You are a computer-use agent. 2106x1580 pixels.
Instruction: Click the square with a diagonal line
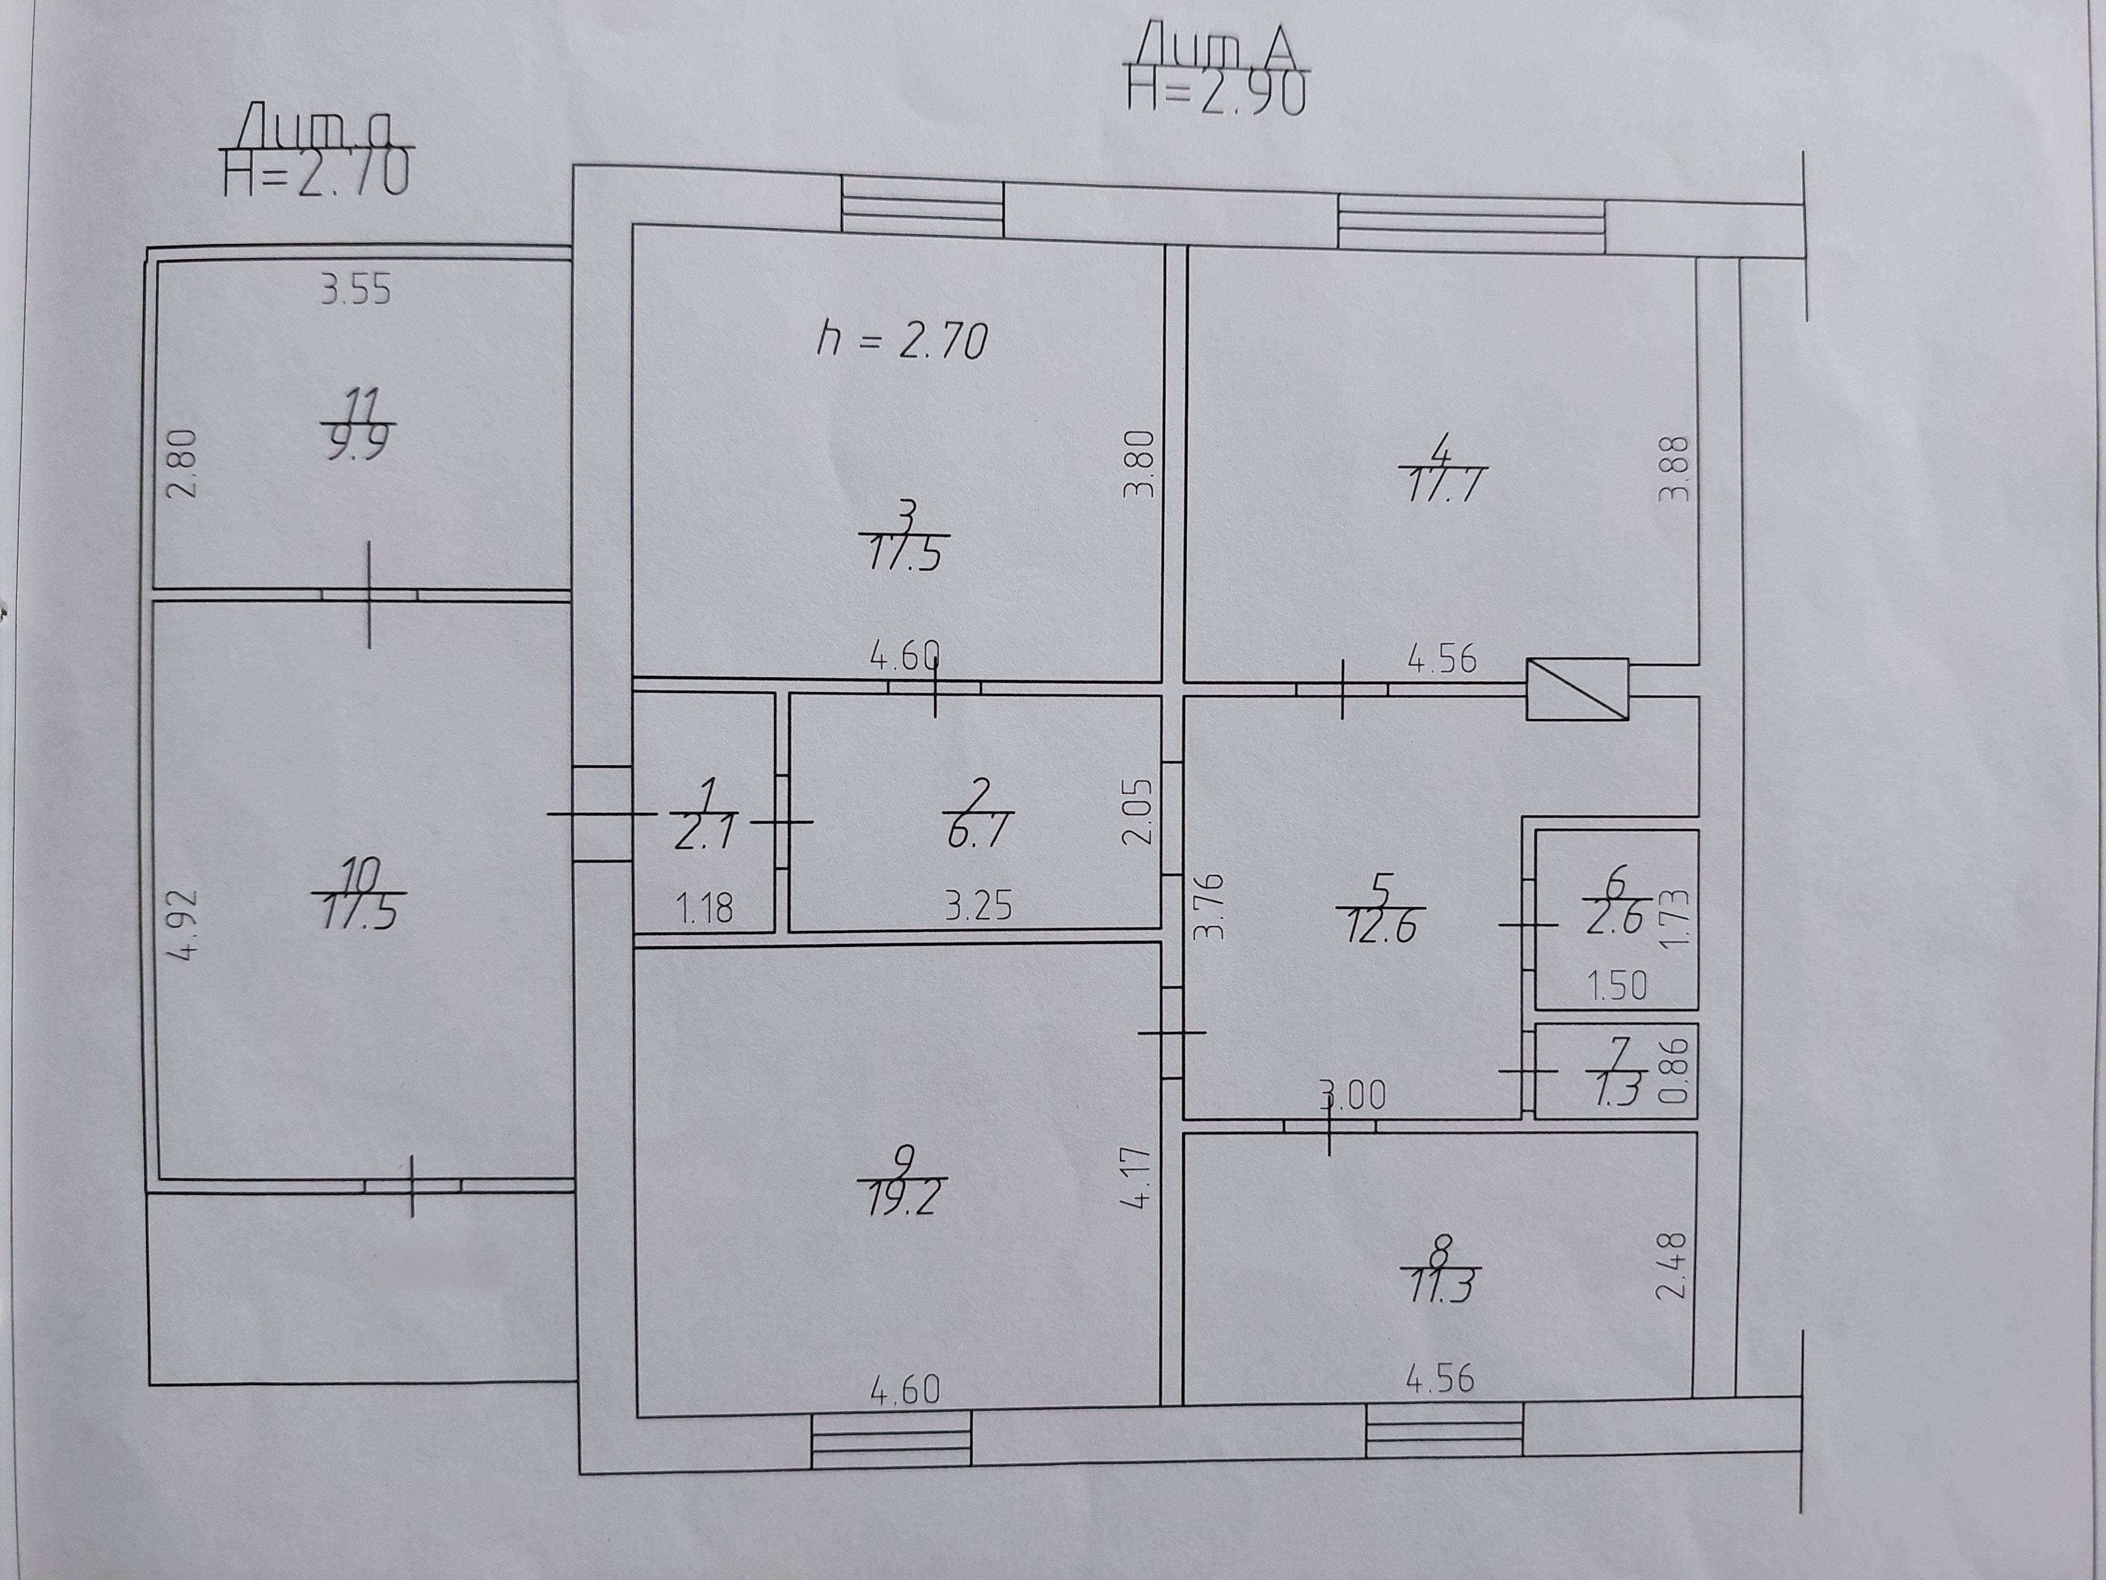(x=1577, y=689)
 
